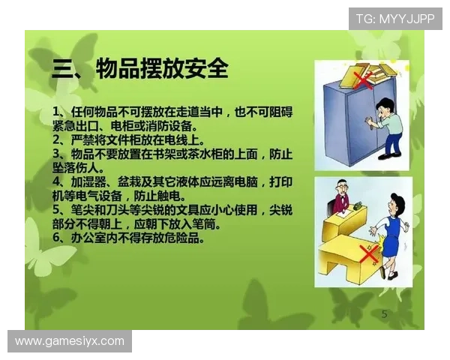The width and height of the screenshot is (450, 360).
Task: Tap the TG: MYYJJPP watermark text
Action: click(395, 18)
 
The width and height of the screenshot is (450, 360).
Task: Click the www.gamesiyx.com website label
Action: click(69, 341)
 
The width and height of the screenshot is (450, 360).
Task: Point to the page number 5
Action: click(385, 314)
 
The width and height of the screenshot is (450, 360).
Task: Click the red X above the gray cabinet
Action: click(363, 80)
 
